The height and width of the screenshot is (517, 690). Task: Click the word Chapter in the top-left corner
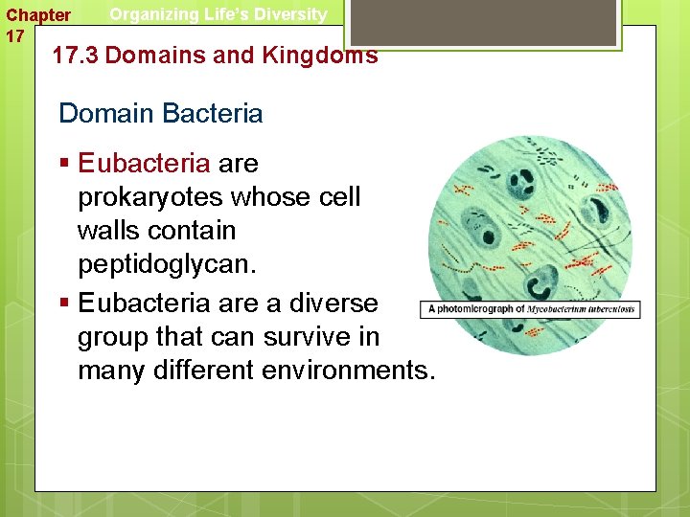coord(38,15)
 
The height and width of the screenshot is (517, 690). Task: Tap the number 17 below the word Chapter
coord(15,36)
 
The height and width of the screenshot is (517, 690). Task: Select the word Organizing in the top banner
coord(152,14)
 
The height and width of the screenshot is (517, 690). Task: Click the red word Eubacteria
coord(144,164)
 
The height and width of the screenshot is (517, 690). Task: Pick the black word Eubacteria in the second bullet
coord(144,303)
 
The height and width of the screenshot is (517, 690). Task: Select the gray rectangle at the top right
coord(481,22)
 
